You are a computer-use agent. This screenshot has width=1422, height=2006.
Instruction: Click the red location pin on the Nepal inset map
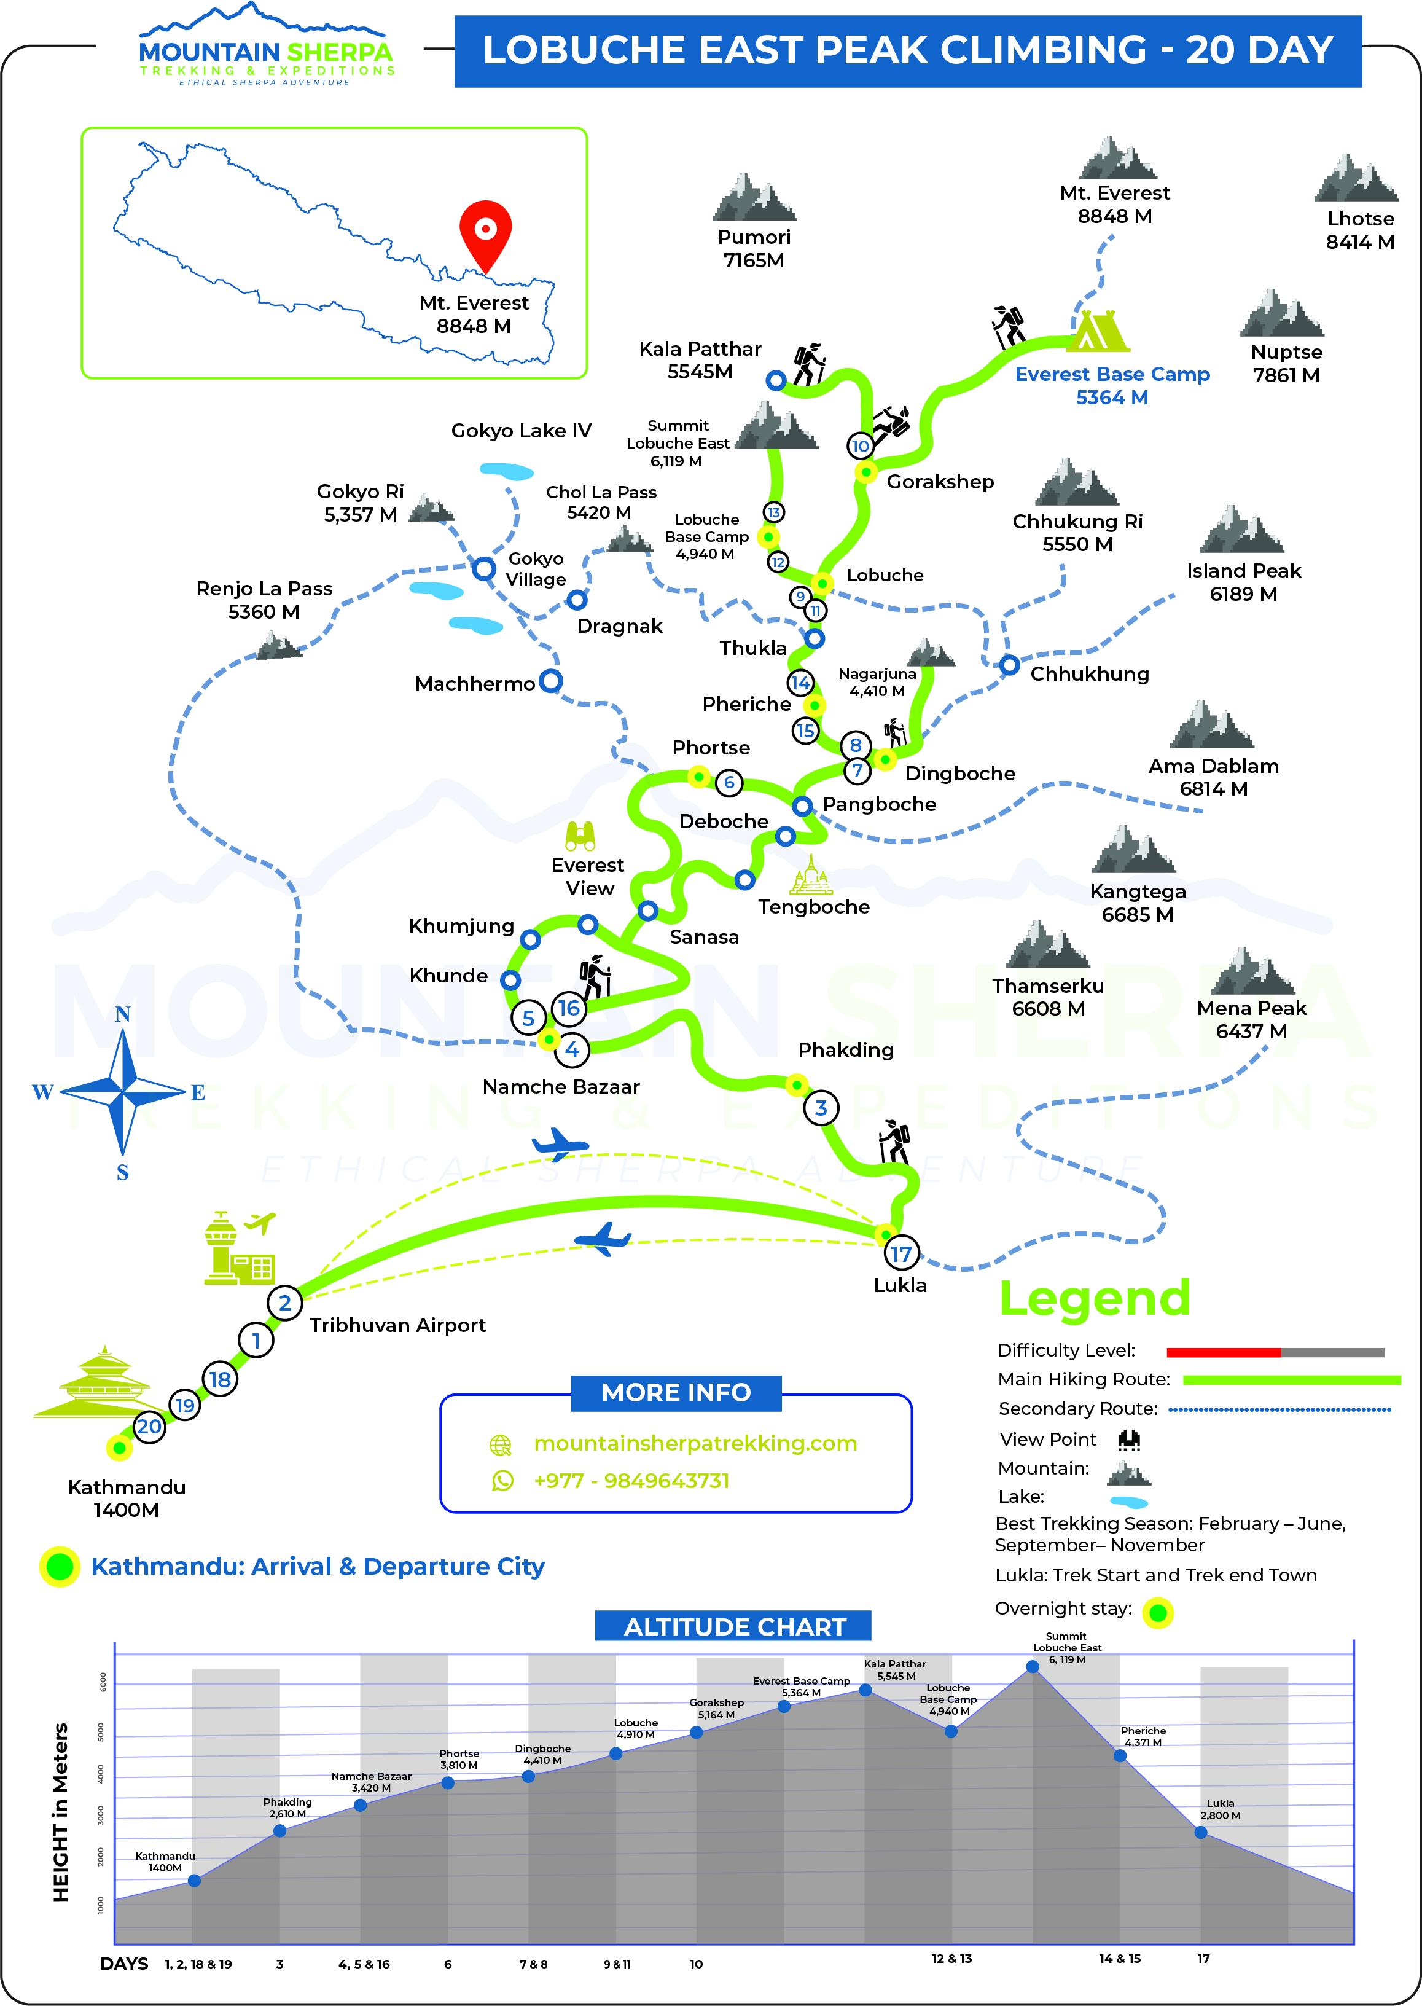pos(485,233)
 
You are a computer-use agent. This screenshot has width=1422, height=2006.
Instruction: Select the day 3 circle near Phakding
pos(821,1108)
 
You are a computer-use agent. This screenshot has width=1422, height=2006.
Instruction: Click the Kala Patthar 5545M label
pos(700,360)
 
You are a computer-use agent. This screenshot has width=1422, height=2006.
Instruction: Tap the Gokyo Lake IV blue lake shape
pos(507,471)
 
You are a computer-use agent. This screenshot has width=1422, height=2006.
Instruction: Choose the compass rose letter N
pos(123,1014)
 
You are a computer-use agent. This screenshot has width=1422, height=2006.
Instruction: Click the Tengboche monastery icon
pos(811,875)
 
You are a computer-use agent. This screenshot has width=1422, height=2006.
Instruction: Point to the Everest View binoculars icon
pos(580,836)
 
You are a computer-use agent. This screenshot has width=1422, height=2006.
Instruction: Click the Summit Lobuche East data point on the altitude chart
pos(1033,1666)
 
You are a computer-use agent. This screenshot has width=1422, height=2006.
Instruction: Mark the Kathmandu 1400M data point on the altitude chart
pos(194,1881)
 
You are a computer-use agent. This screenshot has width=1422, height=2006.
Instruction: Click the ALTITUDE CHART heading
pos(734,1627)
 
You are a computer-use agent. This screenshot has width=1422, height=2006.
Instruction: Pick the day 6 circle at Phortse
pos(729,782)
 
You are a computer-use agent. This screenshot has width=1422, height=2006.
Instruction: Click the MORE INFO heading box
pos(675,1392)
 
